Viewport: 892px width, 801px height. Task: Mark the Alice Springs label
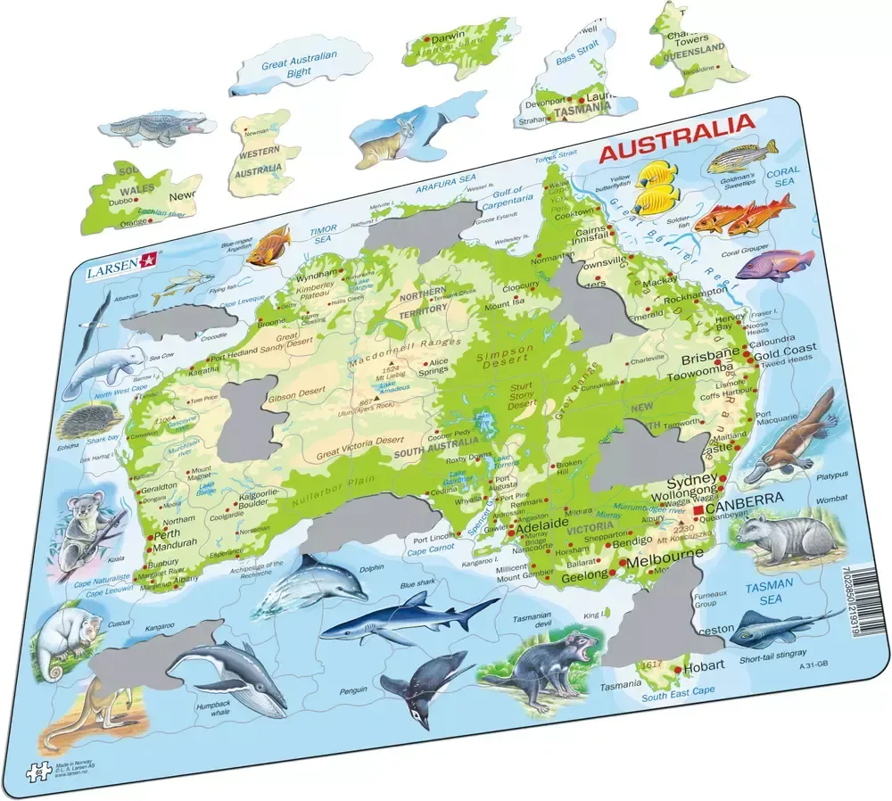point(439,367)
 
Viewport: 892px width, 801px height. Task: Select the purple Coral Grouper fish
point(774,264)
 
